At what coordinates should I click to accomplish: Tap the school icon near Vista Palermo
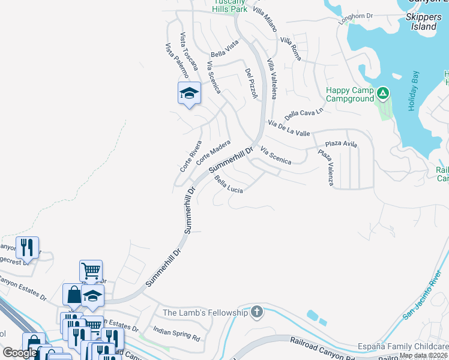coord(188,93)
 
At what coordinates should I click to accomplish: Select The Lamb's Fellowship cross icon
coord(257,311)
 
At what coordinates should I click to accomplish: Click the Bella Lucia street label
coord(229,185)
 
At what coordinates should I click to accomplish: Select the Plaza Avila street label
coord(341,145)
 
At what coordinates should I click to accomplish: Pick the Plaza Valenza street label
coord(325,169)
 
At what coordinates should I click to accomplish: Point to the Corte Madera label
coord(212,152)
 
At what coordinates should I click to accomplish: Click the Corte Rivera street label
coord(191,156)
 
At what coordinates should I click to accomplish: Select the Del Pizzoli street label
coord(251,83)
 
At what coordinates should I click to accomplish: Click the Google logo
coord(20,353)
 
